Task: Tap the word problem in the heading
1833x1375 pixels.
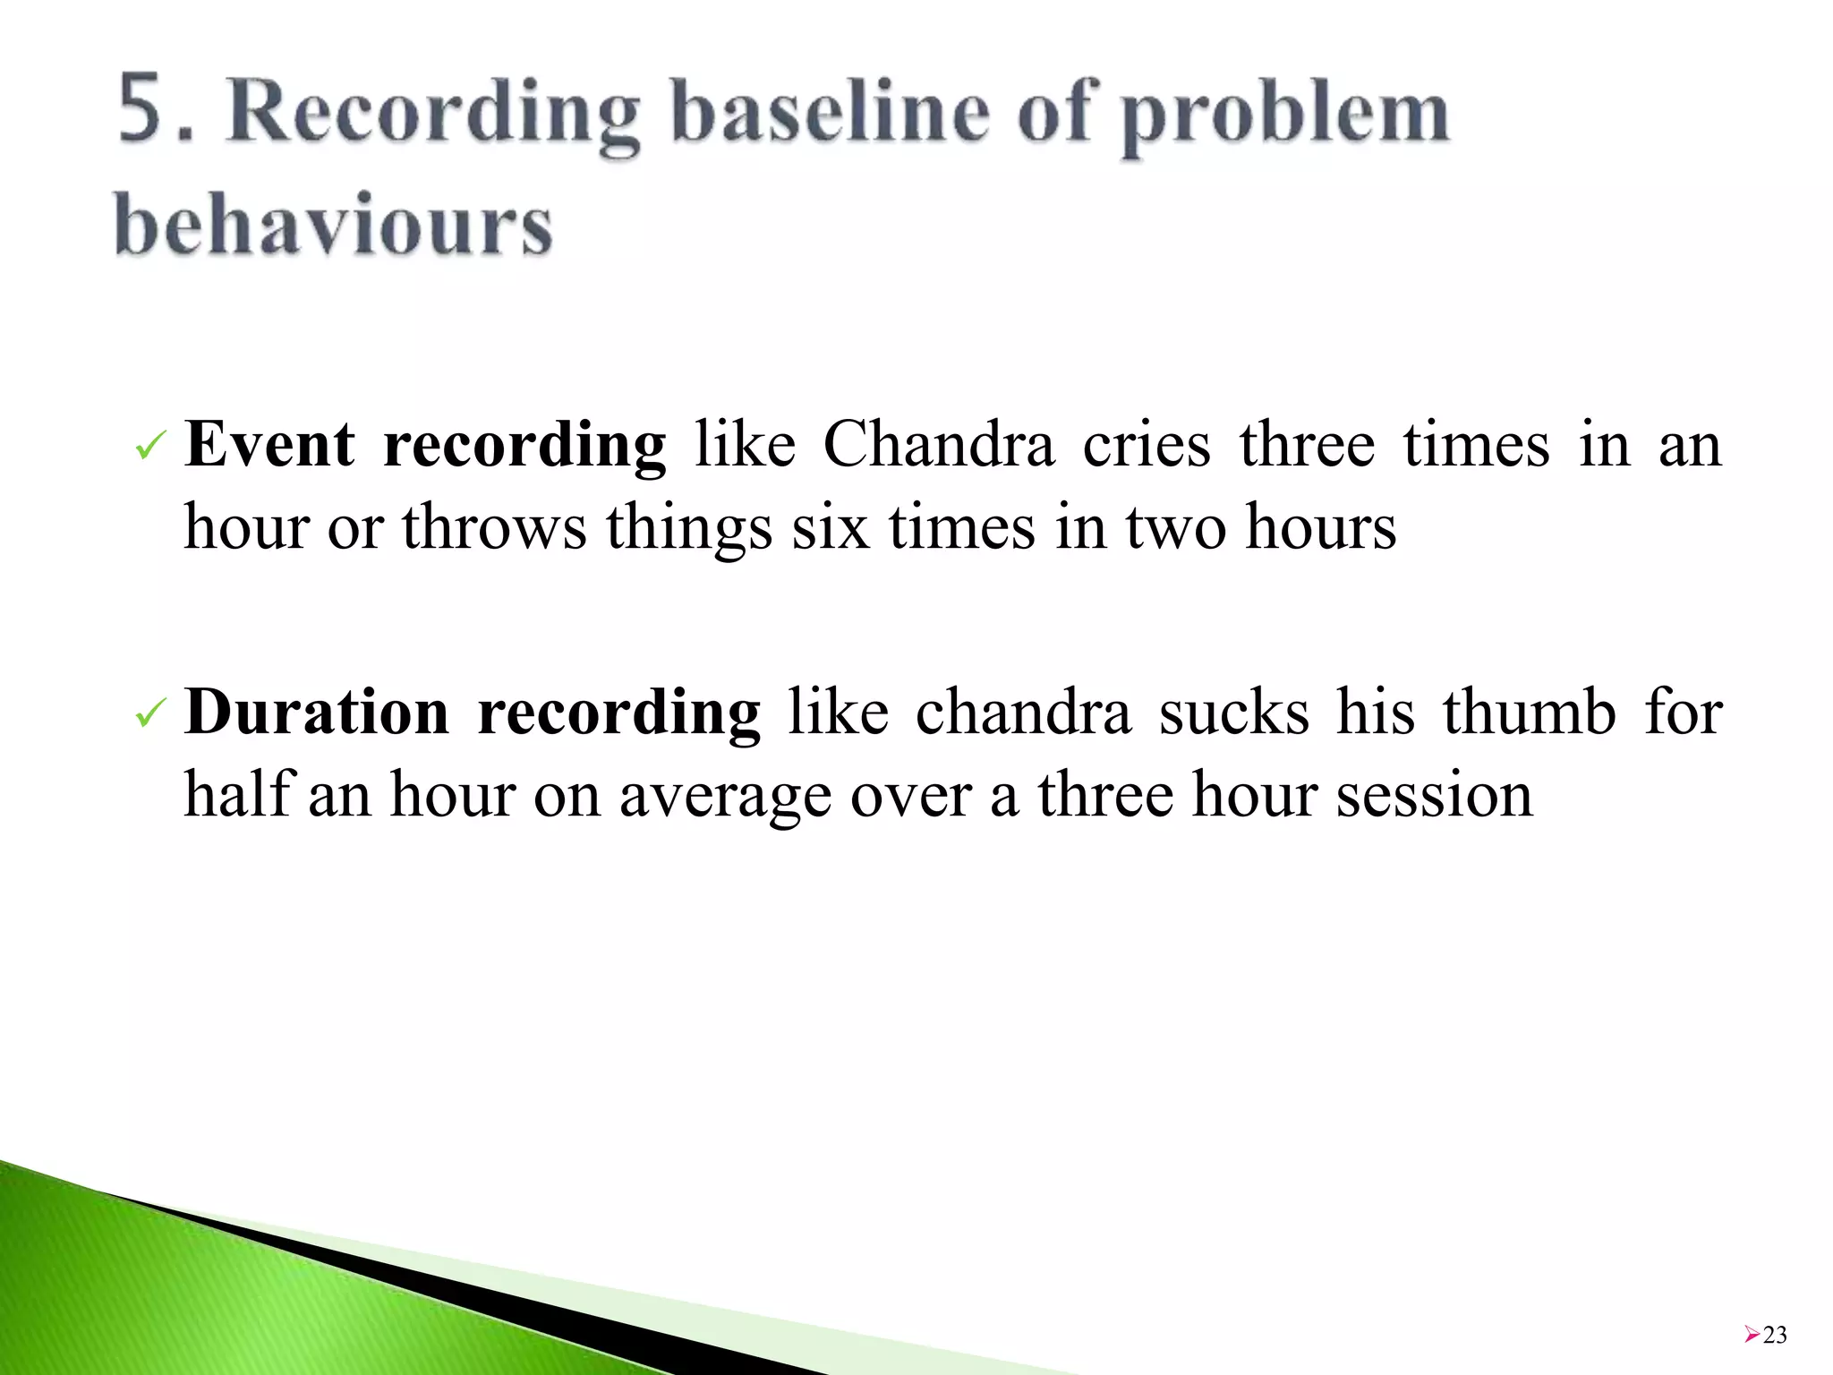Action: (x=1285, y=116)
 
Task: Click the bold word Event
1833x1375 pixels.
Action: (x=269, y=444)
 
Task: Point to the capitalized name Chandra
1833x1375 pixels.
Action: (x=938, y=444)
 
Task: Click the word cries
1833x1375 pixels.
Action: (x=1147, y=444)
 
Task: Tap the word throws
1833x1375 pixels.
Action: (x=494, y=526)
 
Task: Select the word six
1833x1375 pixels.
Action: (x=830, y=526)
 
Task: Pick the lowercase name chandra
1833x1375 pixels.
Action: (x=1023, y=713)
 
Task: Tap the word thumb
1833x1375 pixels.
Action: (x=1529, y=713)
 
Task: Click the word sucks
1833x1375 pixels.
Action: (x=1234, y=713)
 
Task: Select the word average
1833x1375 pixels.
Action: (x=725, y=795)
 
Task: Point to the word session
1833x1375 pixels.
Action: (x=1434, y=795)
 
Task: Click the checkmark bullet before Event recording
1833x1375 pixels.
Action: (x=149, y=446)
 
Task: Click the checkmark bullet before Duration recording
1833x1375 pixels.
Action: (x=149, y=714)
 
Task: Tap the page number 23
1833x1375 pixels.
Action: (x=1775, y=1335)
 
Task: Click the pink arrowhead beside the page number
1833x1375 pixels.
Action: (x=1752, y=1335)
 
